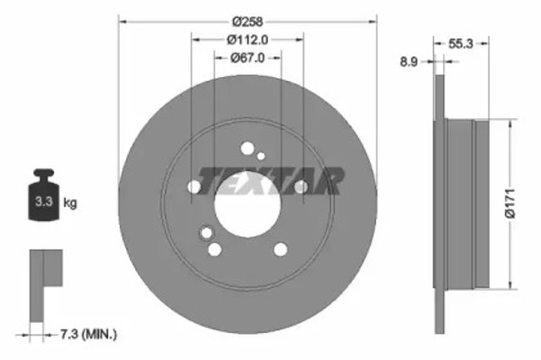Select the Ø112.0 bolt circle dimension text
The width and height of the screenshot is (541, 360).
(247, 39)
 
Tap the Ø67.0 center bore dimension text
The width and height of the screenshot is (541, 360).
(247, 57)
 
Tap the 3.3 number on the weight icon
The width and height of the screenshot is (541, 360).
(41, 203)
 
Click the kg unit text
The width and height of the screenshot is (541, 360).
(70, 203)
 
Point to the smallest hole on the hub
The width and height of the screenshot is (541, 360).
(260, 155)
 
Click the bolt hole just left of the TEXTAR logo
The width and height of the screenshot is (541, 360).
(194, 187)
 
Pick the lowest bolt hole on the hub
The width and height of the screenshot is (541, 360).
(215, 248)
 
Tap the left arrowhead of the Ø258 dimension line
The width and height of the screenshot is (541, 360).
(122, 19)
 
